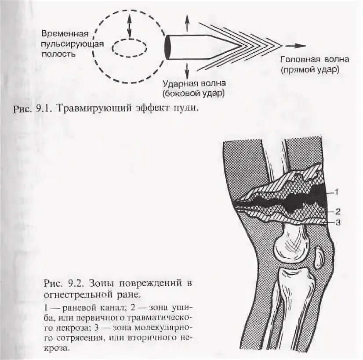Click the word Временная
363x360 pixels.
point(66,34)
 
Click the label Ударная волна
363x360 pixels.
point(193,83)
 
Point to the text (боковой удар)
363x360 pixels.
point(193,93)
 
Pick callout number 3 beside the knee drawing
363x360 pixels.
point(338,223)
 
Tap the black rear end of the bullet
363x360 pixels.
point(167,47)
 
